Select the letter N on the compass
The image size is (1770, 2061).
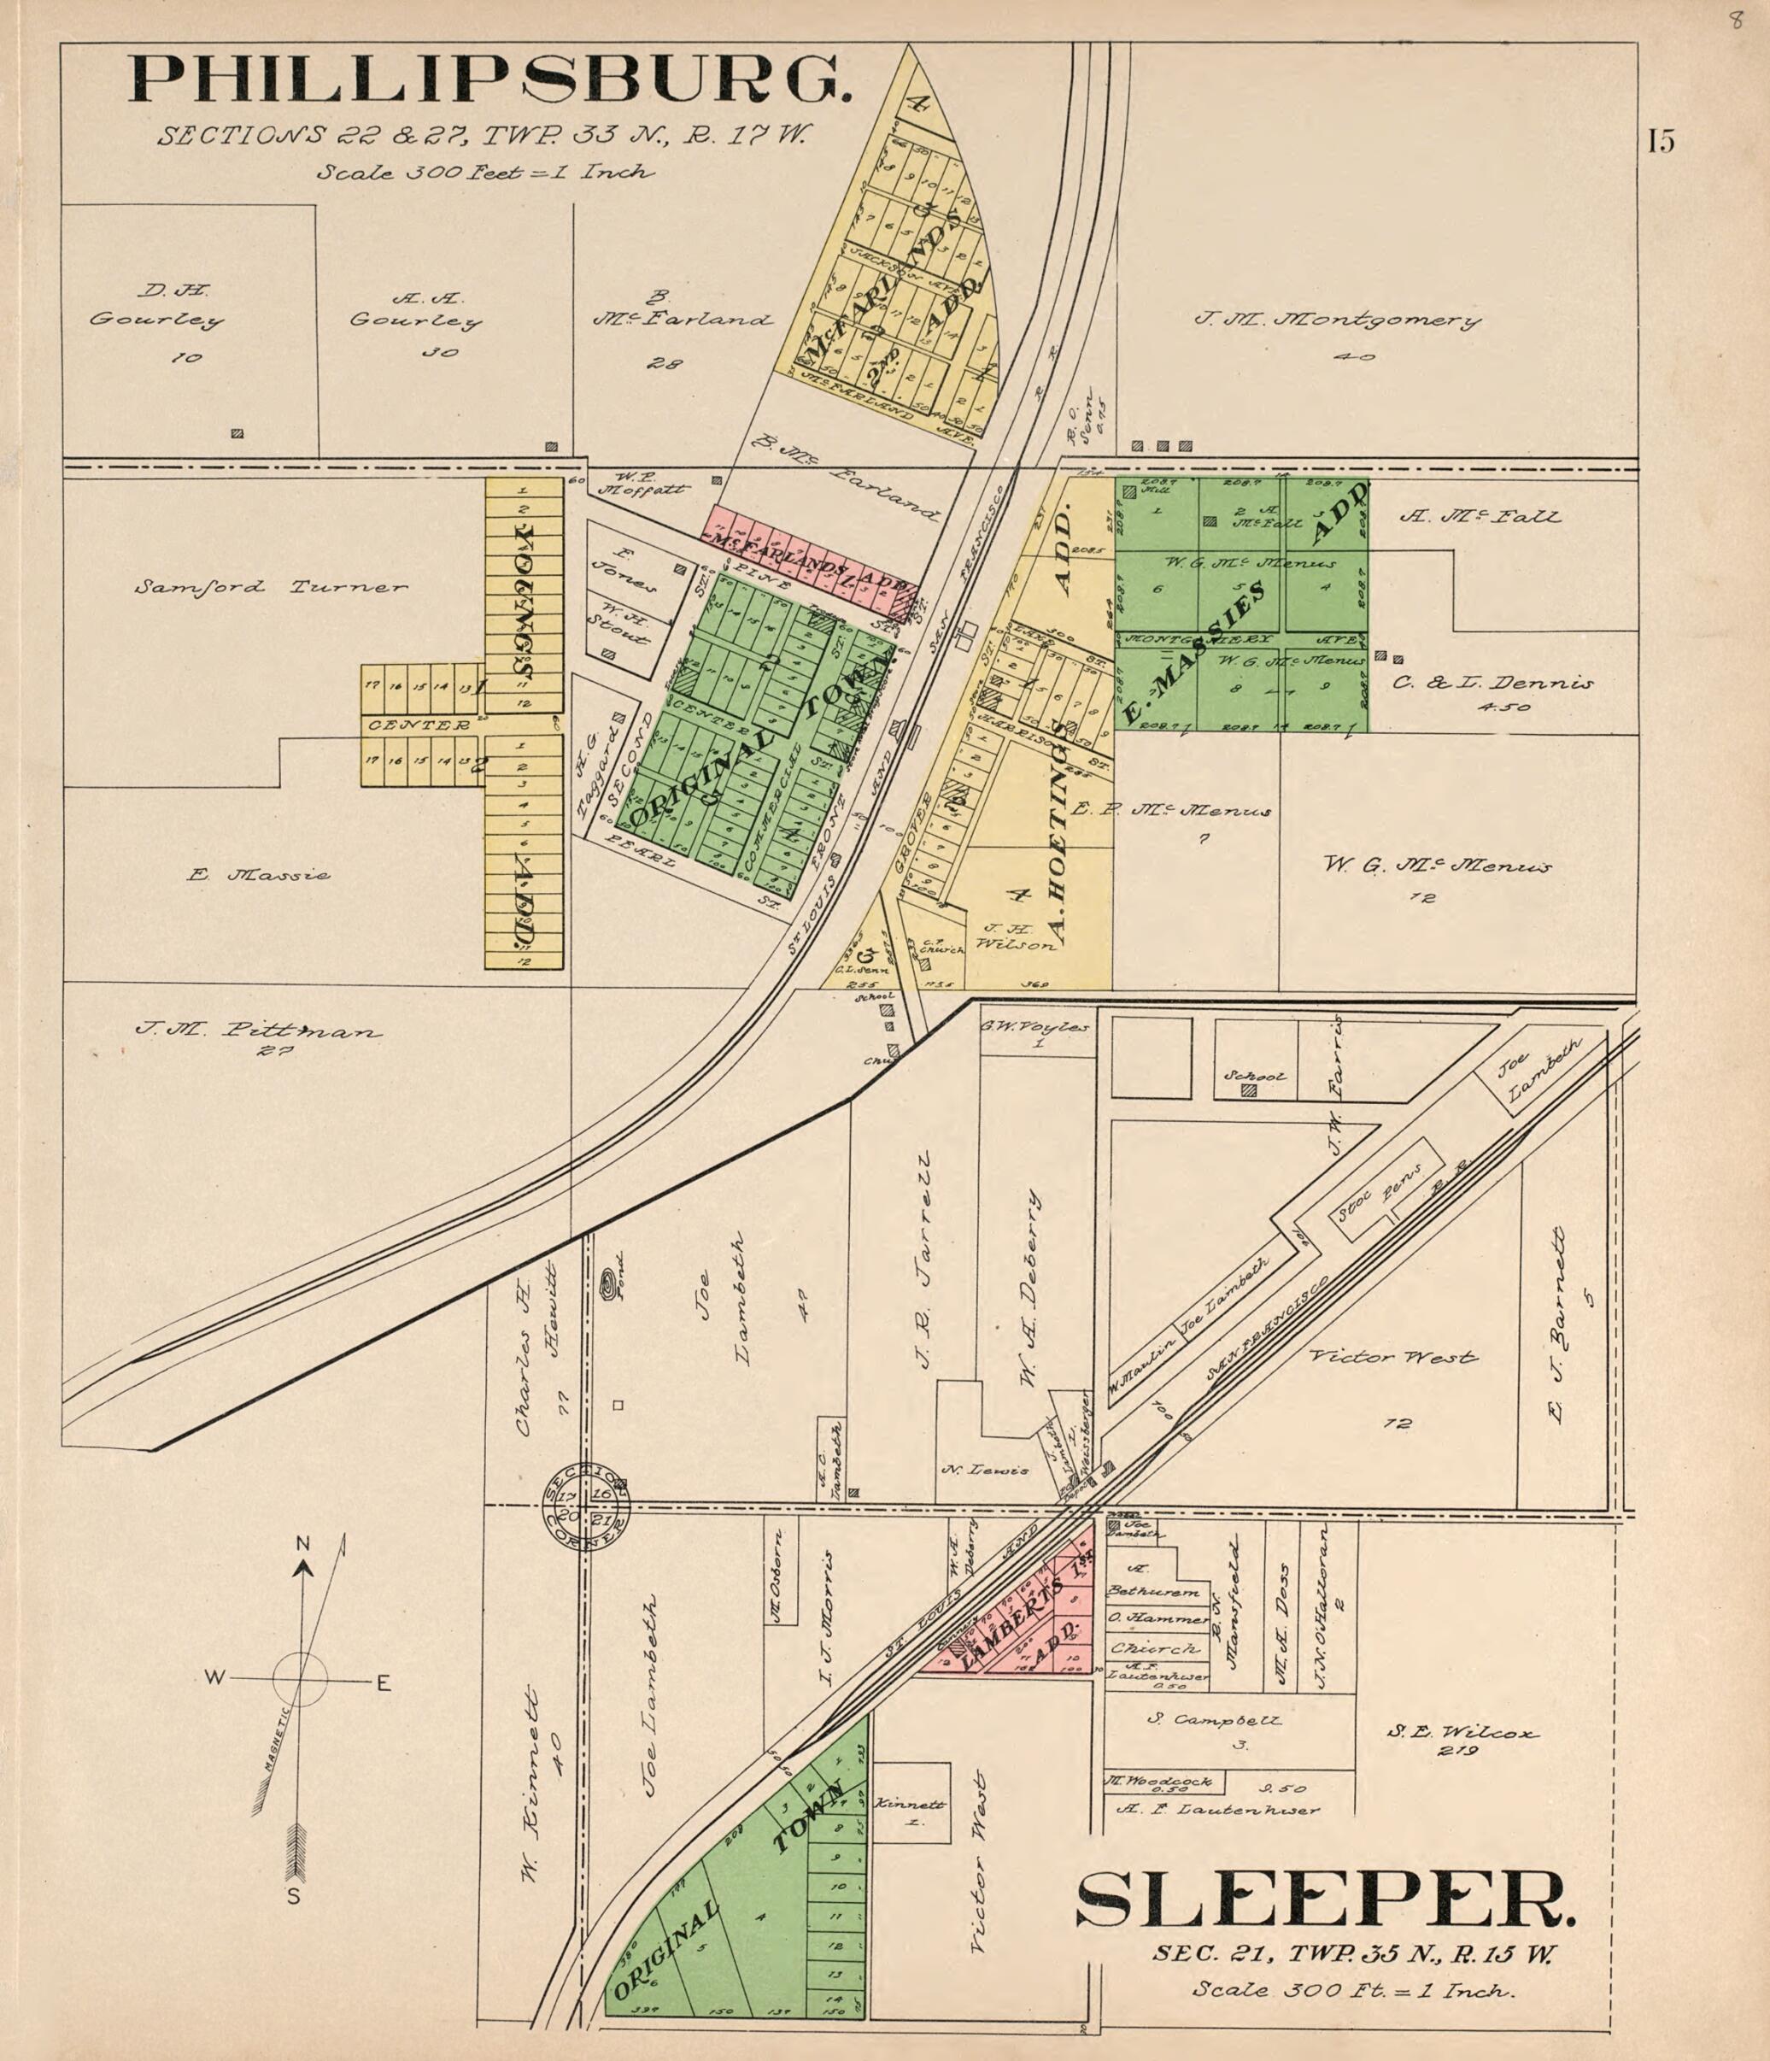(x=303, y=1544)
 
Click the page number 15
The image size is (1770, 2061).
(x=1660, y=141)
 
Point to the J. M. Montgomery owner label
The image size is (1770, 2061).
(x=1336, y=321)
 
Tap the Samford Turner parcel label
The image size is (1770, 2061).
(x=271, y=587)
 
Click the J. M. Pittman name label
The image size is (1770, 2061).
(x=257, y=1030)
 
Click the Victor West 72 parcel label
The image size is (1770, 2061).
(x=1392, y=1358)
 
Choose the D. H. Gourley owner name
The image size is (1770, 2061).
(x=156, y=307)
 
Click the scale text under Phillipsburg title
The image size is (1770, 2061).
(x=485, y=172)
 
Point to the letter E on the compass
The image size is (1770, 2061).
(x=383, y=1684)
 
